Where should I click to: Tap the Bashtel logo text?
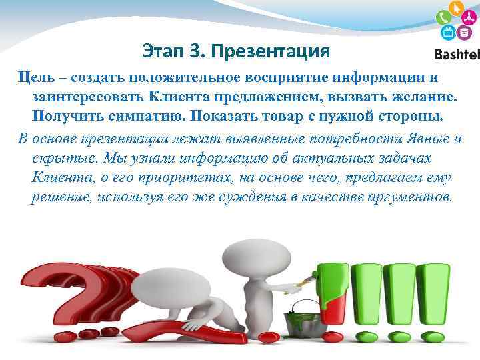coord(457,54)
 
